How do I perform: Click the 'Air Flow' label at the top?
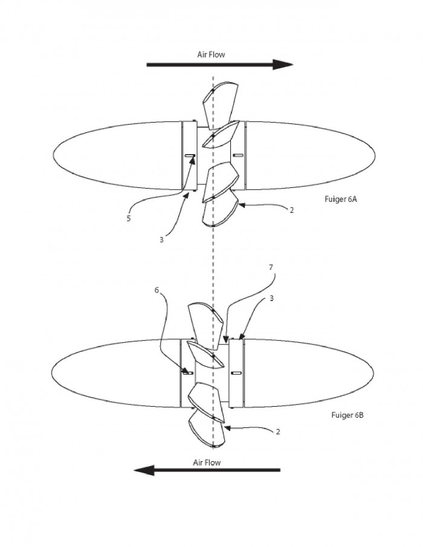point(211,54)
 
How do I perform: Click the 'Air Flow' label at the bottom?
point(207,462)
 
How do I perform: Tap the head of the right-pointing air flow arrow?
point(283,65)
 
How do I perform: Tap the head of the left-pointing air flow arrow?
point(144,470)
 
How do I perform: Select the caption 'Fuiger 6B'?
point(347,415)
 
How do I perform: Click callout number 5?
point(129,219)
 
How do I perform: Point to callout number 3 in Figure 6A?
point(161,240)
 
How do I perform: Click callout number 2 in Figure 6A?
point(291,210)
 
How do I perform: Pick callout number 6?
point(157,290)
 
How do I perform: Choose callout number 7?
point(271,268)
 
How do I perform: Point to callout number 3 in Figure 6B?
point(271,298)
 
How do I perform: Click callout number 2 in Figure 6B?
point(277,432)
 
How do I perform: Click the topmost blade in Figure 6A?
point(221,104)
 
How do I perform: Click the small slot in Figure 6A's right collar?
point(238,155)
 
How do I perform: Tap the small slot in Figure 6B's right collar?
point(236,373)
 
